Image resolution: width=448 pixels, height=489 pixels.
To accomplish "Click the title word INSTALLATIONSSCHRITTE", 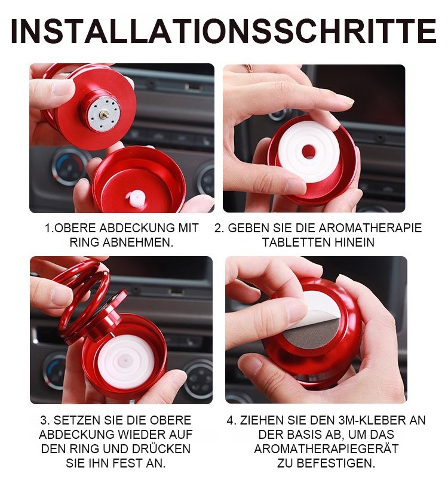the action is [x=223, y=32].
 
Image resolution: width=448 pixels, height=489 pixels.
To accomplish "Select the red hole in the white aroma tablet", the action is [x=309, y=151].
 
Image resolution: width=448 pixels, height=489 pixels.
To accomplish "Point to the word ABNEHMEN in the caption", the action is [x=137, y=242].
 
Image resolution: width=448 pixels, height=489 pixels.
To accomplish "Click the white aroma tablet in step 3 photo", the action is [x=125, y=359].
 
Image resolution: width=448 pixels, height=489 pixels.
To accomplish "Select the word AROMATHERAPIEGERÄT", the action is [x=326, y=449].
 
